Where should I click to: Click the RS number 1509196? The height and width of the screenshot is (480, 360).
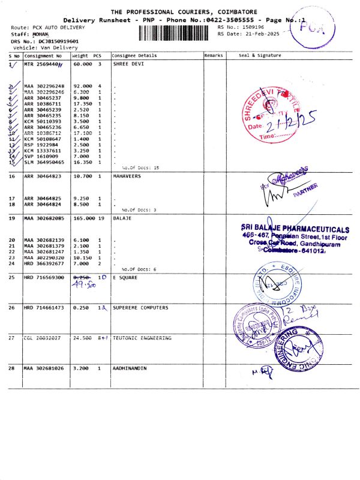[x=251, y=27]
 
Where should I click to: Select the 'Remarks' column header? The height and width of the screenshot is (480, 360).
[x=214, y=56]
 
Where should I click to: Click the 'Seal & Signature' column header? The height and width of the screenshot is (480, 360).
[x=260, y=56]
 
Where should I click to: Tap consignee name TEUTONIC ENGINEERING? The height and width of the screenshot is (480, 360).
[x=142, y=338]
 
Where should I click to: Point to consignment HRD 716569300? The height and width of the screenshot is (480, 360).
[x=44, y=278]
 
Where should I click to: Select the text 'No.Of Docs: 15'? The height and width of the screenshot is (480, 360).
[x=140, y=167]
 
